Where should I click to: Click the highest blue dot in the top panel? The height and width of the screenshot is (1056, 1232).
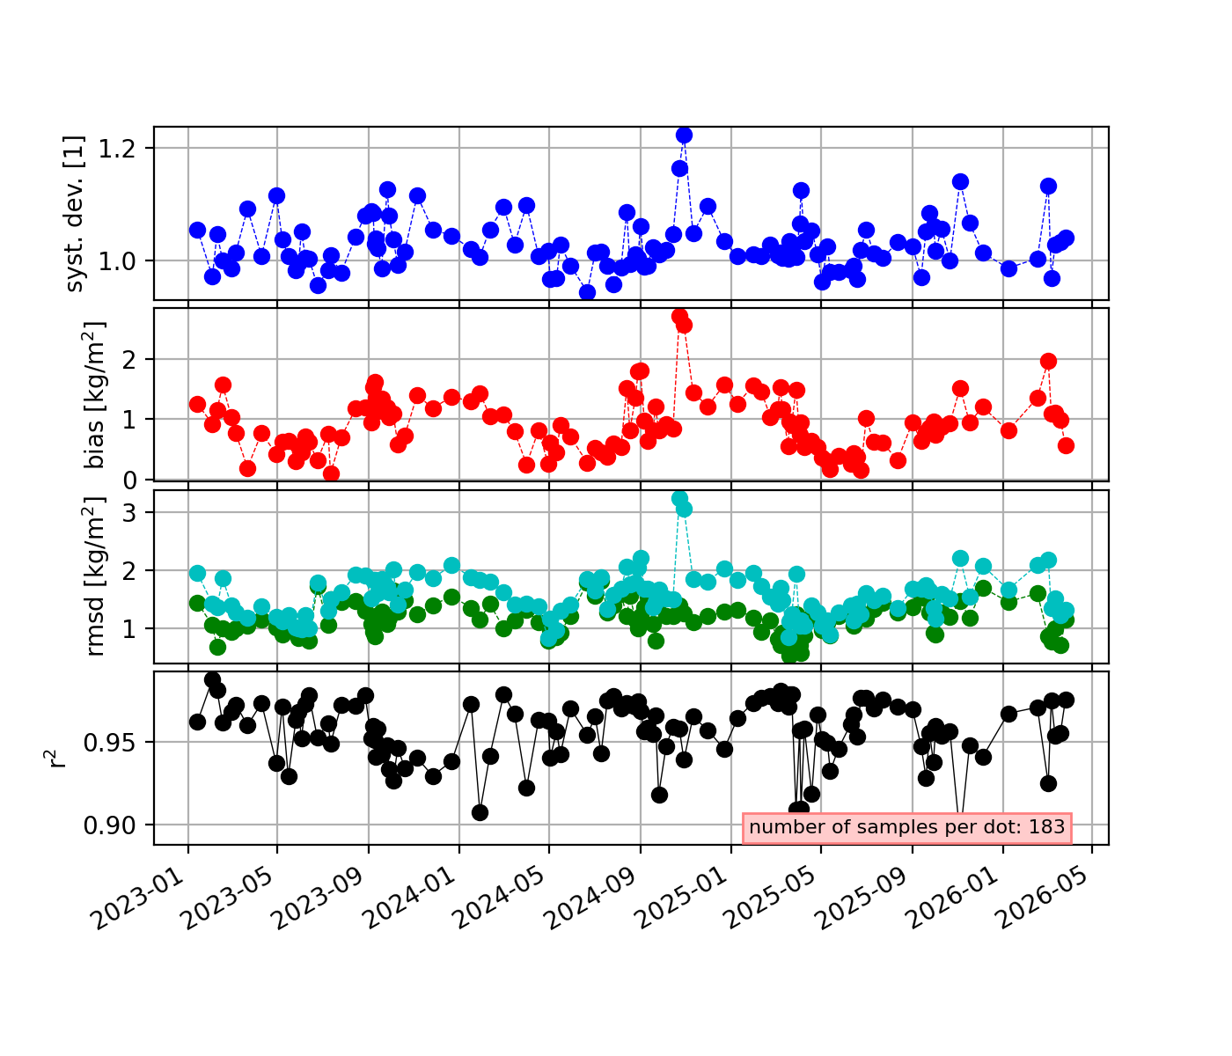pyautogui.click(x=684, y=136)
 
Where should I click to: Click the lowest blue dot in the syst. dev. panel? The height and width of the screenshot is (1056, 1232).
pyautogui.click(x=587, y=293)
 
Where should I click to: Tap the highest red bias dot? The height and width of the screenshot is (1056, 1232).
pyautogui.click(x=679, y=316)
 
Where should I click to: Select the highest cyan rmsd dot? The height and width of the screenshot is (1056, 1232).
pyautogui.click(x=679, y=498)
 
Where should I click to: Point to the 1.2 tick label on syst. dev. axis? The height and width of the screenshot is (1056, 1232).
pyautogui.click(x=117, y=149)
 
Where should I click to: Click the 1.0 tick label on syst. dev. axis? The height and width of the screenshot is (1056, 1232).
pyautogui.click(x=117, y=261)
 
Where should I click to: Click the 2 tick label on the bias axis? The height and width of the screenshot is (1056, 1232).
pyautogui.click(x=130, y=360)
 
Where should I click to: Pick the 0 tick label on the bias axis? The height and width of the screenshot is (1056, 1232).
pyautogui.click(x=130, y=480)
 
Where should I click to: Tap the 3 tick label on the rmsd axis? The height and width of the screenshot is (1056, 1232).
pyautogui.click(x=130, y=512)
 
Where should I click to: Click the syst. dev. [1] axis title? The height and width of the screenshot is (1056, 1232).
pyautogui.click(x=74, y=213)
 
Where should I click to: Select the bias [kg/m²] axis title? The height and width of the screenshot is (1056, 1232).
pyautogui.click(x=93, y=394)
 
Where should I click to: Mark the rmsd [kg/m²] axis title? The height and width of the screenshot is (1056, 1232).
pyautogui.click(x=93, y=576)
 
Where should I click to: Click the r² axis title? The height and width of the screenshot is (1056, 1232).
pyautogui.click(x=55, y=759)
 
